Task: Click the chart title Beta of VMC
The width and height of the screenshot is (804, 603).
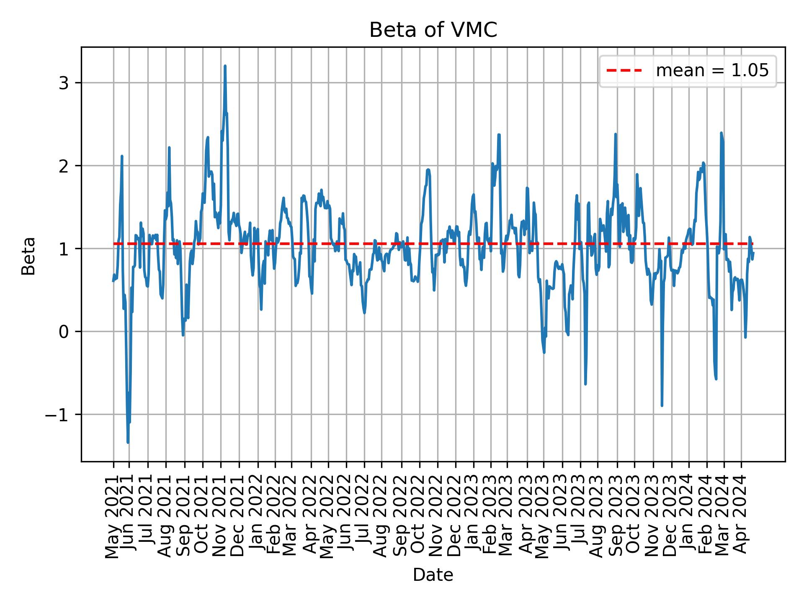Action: pos(433,30)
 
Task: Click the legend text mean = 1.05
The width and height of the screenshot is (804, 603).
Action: pos(712,71)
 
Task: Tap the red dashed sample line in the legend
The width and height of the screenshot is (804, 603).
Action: pos(624,71)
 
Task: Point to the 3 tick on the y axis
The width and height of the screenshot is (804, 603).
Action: pos(64,83)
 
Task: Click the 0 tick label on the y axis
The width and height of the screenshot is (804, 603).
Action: pos(64,332)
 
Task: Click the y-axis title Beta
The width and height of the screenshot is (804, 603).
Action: pos(28,256)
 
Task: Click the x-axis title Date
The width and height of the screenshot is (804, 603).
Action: pos(433,575)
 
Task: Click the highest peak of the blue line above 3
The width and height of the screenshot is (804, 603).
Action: pos(225,66)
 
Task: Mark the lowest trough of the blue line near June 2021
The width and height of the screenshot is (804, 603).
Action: pos(128,442)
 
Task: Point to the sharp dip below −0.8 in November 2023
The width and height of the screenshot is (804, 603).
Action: pos(662,405)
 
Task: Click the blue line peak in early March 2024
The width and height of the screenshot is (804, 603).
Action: pos(721,133)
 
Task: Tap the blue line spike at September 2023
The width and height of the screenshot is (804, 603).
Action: pos(615,134)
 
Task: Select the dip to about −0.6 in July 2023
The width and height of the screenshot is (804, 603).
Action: pos(585,384)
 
